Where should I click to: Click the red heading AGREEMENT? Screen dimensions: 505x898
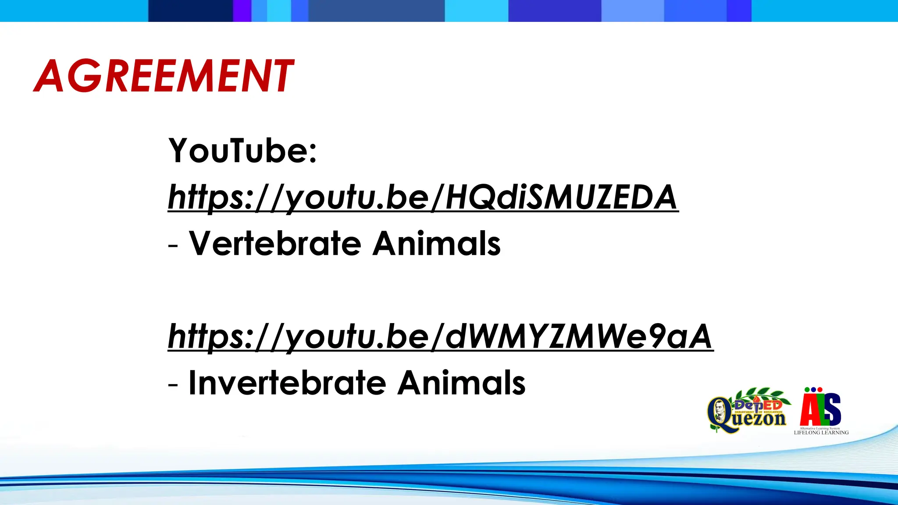click(x=164, y=76)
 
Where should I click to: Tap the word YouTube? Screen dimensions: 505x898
click(x=242, y=150)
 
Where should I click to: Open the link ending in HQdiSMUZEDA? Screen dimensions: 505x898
click(x=423, y=197)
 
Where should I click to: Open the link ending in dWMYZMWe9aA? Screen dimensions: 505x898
click(x=440, y=337)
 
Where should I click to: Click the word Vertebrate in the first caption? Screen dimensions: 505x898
click(x=275, y=243)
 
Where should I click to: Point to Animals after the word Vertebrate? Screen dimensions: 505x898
click(x=437, y=243)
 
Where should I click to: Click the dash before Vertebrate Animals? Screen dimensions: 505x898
click(x=173, y=246)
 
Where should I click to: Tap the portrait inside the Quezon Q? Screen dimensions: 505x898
click(x=719, y=411)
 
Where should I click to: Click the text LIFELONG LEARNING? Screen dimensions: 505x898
click(x=821, y=433)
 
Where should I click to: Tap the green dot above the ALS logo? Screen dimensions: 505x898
click(x=807, y=389)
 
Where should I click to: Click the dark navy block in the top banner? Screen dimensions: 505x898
click(x=190, y=11)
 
